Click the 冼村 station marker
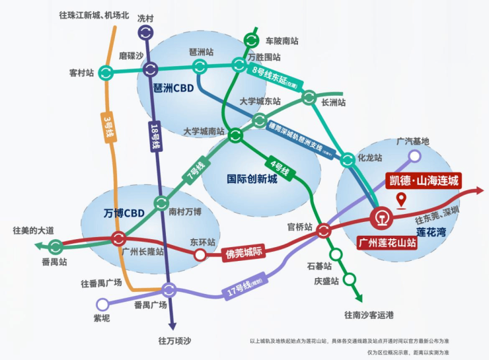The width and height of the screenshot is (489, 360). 145,32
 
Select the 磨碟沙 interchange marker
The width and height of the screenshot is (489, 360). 151,69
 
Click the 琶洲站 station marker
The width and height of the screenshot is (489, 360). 200,65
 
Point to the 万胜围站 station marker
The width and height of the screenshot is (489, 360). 239,65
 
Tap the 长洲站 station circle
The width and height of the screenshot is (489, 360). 309,98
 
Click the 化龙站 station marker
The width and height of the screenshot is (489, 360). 348,159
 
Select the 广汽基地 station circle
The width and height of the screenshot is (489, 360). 414,156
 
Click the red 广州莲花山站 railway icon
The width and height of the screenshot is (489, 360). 381,217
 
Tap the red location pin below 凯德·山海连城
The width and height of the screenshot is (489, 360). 400,200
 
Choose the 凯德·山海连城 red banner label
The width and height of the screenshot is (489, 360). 421,180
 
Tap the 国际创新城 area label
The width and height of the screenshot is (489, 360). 252,178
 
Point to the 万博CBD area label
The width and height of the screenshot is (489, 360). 124,213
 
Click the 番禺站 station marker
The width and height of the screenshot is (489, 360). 56,246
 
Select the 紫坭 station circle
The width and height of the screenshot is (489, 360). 102,305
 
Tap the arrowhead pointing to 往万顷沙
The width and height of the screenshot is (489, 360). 172,324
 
